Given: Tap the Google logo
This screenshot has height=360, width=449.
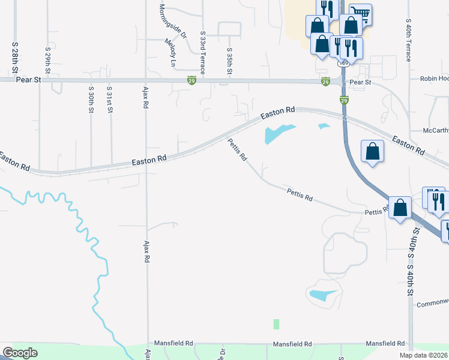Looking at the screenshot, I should point(20,353).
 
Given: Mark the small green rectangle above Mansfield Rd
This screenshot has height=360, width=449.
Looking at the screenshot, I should point(276,324).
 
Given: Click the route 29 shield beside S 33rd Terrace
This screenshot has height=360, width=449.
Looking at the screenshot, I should point(191,80).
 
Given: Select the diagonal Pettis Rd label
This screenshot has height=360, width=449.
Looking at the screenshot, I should point(237,149).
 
